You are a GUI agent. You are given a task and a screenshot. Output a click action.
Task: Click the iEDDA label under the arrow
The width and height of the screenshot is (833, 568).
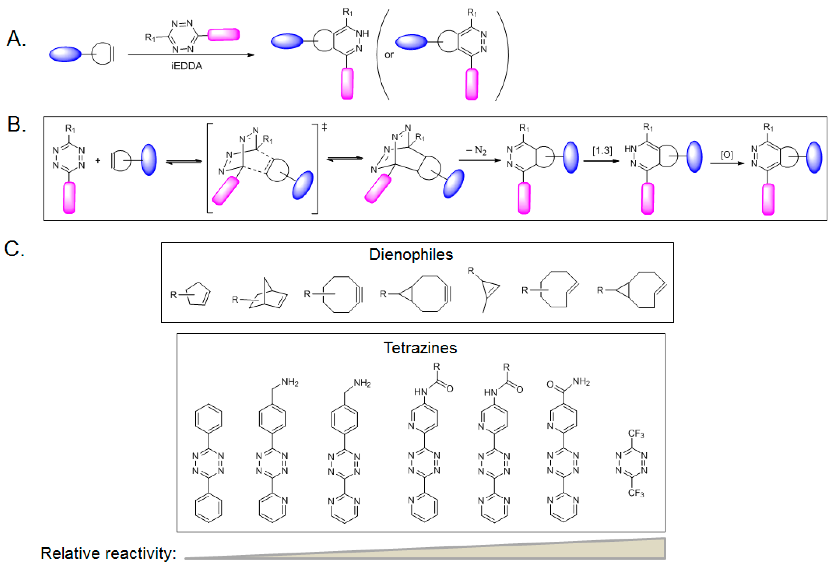tap(186, 66)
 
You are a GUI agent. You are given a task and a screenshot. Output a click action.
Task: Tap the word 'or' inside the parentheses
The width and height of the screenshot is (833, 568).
tap(389, 55)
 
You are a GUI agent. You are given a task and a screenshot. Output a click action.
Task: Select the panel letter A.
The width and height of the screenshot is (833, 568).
tap(16, 39)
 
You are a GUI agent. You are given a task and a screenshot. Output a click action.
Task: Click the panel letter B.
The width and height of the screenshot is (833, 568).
tap(16, 125)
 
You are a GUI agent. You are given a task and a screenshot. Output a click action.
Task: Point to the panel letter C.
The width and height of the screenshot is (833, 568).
tap(14, 248)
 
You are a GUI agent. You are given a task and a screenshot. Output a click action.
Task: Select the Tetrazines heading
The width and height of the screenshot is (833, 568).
tap(420, 348)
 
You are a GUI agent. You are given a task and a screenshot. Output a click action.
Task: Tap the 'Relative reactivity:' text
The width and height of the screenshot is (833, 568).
tap(108, 553)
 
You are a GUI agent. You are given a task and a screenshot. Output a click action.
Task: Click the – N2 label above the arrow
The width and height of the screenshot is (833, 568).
tap(476, 150)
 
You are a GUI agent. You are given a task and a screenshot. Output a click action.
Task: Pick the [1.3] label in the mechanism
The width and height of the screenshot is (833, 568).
tap(602, 150)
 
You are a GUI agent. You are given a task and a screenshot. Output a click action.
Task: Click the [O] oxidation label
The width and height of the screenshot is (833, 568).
tap(727, 155)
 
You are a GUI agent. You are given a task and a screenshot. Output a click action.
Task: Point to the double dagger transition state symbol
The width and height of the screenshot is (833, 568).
tap(324, 127)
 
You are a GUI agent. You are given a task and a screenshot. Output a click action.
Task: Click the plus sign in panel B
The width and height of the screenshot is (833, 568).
tap(98, 161)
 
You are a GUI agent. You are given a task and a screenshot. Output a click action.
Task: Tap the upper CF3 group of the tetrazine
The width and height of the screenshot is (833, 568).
tap(636, 434)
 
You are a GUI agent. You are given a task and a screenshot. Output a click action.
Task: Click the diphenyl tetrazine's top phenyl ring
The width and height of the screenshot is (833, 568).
tap(209, 418)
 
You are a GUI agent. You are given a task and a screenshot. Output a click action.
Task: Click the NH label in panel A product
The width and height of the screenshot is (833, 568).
tap(362, 34)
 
